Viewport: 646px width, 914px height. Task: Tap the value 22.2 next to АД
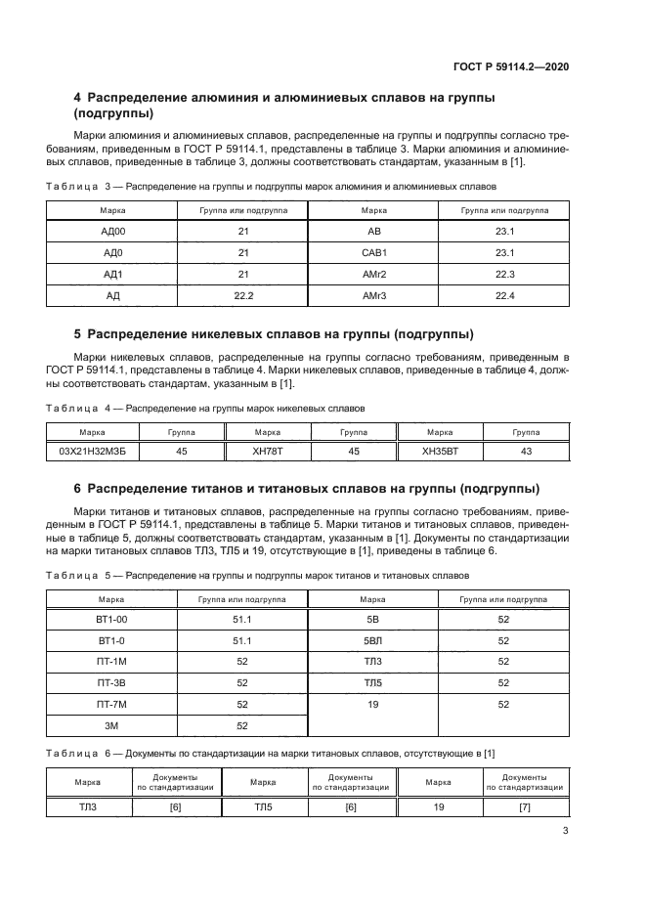pos(243,294)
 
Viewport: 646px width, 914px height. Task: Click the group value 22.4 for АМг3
pos(504,294)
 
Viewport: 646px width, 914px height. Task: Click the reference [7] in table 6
pos(524,806)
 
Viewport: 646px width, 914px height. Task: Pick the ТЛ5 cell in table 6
pos(264,806)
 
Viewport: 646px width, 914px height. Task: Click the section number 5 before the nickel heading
pos(78,332)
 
